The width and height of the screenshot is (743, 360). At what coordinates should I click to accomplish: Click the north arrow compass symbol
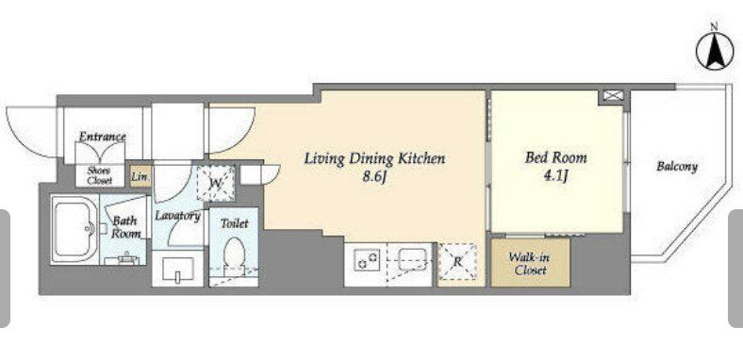tap(714, 52)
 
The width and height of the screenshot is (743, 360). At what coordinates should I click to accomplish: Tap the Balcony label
tap(677, 167)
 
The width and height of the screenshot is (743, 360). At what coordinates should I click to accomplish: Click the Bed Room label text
tap(555, 157)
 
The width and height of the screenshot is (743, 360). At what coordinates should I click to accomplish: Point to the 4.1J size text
tap(555, 176)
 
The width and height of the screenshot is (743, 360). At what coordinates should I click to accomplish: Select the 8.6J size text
tap(375, 177)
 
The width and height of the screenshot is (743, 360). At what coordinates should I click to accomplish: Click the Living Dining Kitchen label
tap(374, 158)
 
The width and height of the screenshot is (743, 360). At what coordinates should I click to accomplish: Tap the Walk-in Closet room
tap(530, 262)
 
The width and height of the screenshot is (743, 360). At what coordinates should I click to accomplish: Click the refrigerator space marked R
tap(457, 261)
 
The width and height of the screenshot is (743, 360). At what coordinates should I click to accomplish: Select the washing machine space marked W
tap(216, 184)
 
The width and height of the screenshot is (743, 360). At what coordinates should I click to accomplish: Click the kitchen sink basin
tap(413, 259)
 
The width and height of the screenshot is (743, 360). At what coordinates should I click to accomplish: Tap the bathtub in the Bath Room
tap(74, 229)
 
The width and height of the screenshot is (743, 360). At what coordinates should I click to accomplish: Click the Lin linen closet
tap(140, 176)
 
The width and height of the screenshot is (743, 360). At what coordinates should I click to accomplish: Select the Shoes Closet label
tap(100, 175)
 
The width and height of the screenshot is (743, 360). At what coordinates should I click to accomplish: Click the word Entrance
tap(103, 137)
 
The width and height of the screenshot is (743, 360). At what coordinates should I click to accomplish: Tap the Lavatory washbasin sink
tap(177, 269)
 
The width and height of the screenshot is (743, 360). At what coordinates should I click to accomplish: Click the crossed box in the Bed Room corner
tap(613, 96)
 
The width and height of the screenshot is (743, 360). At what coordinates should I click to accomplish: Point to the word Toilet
tap(234, 222)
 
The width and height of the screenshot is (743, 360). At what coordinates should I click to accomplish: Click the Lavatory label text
tap(177, 216)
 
